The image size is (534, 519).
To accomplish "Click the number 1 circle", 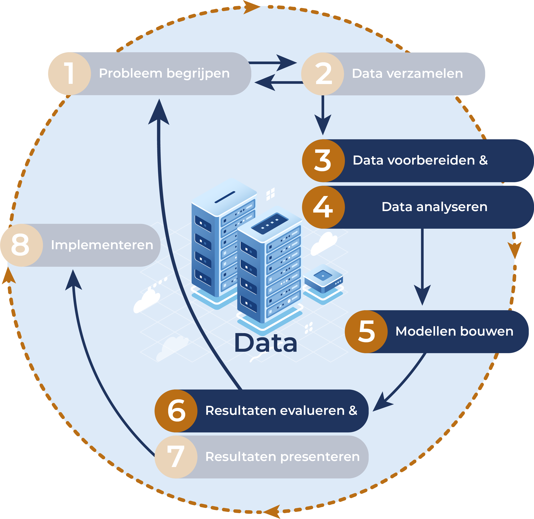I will pyautogui.click(x=70, y=74).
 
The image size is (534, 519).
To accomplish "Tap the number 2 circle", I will pyautogui.click(x=323, y=74).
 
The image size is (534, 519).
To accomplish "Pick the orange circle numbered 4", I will pyautogui.click(x=323, y=207).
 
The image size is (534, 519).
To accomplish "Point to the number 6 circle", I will pyautogui.click(x=176, y=411).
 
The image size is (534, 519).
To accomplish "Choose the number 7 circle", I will pyautogui.click(x=176, y=457).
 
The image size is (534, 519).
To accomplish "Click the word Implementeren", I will pyautogui.click(x=102, y=245).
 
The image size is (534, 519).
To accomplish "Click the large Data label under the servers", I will pyautogui.click(x=265, y=343).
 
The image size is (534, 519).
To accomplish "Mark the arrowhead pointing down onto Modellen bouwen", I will pyautogui.click(x=422, y=295).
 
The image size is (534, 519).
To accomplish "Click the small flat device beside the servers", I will pyautogui.click(x=323, y=278).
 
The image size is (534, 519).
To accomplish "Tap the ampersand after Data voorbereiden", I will pyautogui.click(x=483, y=160).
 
